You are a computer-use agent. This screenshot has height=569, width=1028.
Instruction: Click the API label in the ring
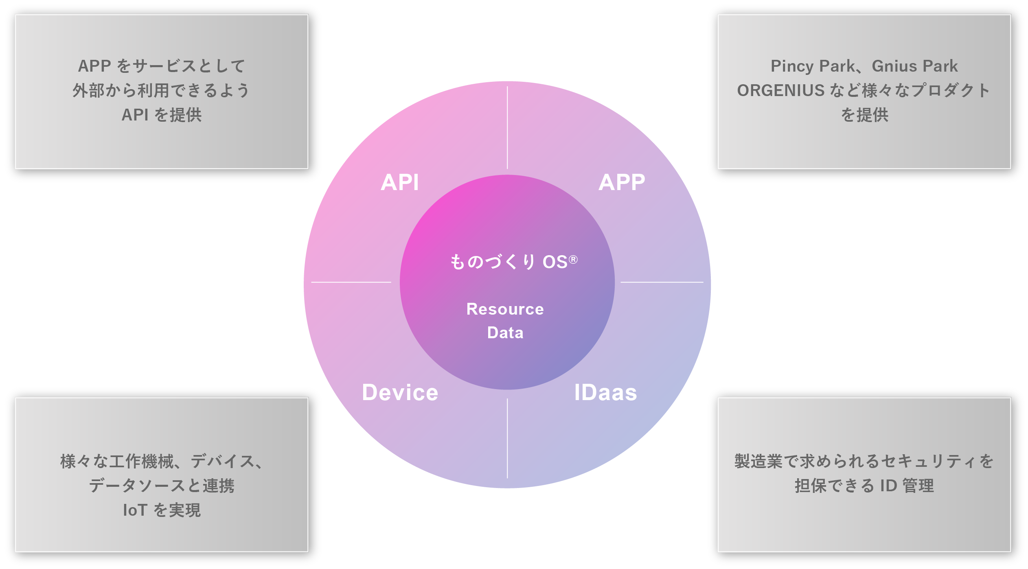[x=399, y=182]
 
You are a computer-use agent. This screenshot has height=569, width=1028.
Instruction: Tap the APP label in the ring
[x=622, y=182]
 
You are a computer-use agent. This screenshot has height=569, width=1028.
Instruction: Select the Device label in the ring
[x=400, y=392]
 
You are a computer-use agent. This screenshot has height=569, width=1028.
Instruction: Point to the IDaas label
[x=605, y=392]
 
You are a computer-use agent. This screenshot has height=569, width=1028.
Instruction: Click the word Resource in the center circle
[x=505, y=309]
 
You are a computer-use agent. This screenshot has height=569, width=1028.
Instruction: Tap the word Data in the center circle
[x=505, y=333]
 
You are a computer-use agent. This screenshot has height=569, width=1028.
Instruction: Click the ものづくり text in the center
[x=493, y=262]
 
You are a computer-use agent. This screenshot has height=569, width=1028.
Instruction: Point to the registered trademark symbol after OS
[x=573, y=259]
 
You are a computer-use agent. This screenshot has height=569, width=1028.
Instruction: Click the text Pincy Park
[x=813, y=66]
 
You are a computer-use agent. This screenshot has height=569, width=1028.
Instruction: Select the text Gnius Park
[x=915, y=66]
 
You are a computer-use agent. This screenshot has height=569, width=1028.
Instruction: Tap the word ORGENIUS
[x=781, y=90]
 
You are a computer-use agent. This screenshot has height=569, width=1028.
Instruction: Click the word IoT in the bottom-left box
[x=135, y=510]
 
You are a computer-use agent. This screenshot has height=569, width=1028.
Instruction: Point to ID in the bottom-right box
[x=889, y=486]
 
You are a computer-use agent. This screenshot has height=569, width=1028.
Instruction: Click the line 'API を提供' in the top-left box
[x=162, y=115]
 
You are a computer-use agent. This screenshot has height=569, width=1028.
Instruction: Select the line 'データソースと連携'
[x=162, y=486]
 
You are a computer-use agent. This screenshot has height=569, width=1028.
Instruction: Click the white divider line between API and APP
[x=507, y=127]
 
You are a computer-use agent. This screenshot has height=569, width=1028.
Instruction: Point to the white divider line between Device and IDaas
[x=507, y=438]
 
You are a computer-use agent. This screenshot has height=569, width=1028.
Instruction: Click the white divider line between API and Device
[x=351, y=282]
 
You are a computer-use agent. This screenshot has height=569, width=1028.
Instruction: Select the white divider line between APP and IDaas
[x=662, y=282]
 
